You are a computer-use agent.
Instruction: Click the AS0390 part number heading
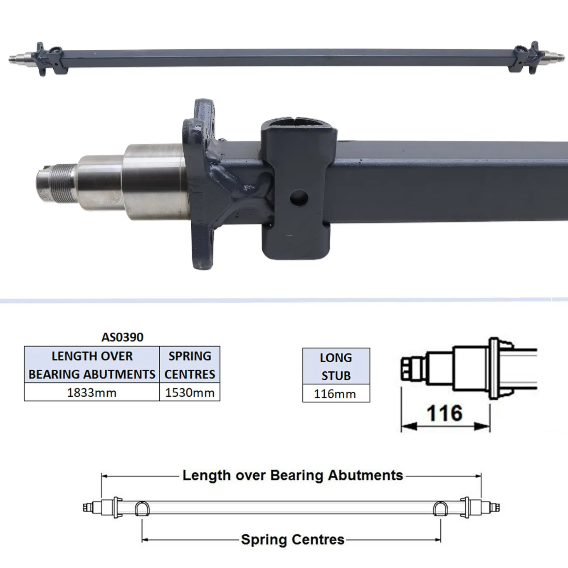coord(122,337)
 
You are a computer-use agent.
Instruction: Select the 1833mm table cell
coord(92,393)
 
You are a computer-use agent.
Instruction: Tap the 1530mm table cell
coord(190,393)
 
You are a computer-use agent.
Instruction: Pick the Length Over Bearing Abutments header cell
coord(92,365)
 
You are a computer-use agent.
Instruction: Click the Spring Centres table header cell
coord(190,365)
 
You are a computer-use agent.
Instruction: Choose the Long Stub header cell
coord(336,366)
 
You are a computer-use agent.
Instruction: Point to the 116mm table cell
coord(336,394)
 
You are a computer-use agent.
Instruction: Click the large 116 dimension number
coord(445,413)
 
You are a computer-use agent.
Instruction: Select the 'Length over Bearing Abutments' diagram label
coord(293,475)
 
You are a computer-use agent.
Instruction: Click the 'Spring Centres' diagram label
coord(293,540)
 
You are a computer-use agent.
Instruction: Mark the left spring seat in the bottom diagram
coord(142,509)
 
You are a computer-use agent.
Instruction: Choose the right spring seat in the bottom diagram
coord(440,509)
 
